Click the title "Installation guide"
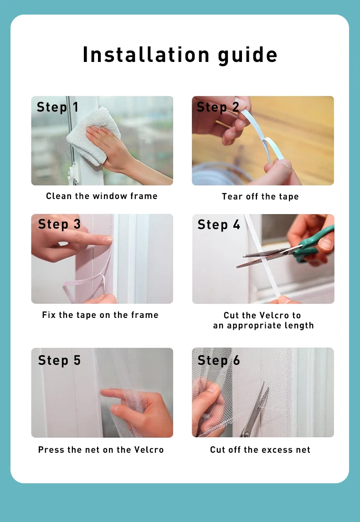[x=180, y=55]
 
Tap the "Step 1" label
[x=57, y=107]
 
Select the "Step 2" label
[x=218, y=107]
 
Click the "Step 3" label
[x=59, y=224]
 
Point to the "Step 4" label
[x=219, y=225]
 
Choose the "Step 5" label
[x=59, y=360]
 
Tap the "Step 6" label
[x=219, y=360]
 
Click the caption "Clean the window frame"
[x=102, y=196]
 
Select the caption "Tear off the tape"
[x=260, y=197]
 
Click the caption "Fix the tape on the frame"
[x=100, y=315]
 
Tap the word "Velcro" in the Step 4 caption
[x=274, y=315]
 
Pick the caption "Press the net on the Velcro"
[x=101, y=450]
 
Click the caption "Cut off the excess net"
[x=260, y=450]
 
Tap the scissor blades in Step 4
[x=260, y=257]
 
